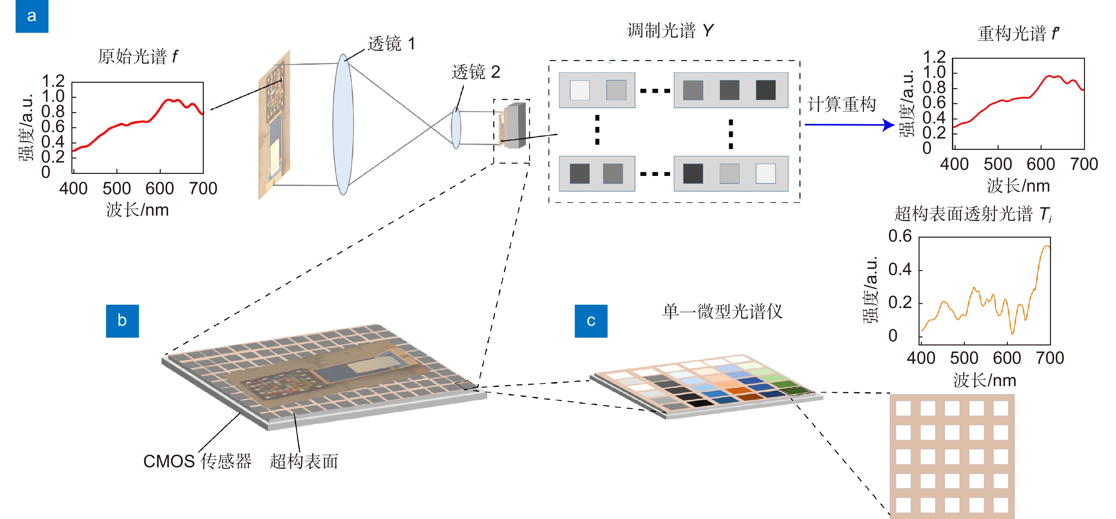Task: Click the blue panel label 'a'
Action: [x=32, y=16]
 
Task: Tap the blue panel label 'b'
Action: [x=122, y=321]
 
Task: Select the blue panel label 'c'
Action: [x=591, y=321]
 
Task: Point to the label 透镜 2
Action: [x=476, y=72]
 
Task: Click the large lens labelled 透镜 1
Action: [x=343, y=124]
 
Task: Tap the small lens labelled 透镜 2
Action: [x=456, y=128]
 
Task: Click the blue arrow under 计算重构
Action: [x=850, y=125]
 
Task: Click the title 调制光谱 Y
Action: [x=670, y=30]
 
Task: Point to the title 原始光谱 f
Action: [x=137, y=56]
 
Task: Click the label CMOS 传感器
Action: [x=197, y=461]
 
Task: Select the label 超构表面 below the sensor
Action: [x=304, y=461]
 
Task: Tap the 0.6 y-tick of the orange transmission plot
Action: [x=900, y=236]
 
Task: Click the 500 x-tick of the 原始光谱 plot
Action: [x=116, y=189]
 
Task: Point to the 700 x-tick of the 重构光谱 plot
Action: [x=1084, y=164]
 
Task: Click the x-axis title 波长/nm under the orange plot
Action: [x=984, y=380]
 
